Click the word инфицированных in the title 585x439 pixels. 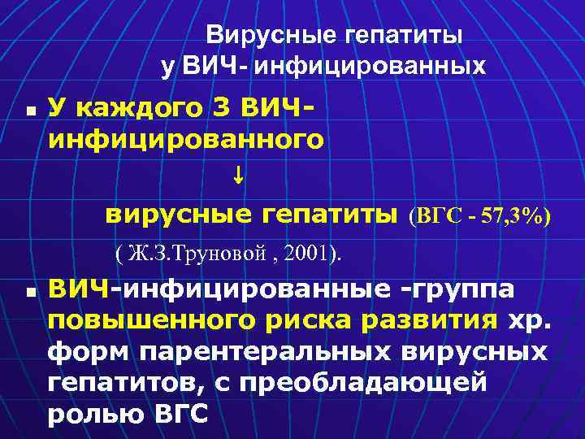point(370,66)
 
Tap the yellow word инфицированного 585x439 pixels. point(185,139)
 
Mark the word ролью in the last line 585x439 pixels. point(96,412)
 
